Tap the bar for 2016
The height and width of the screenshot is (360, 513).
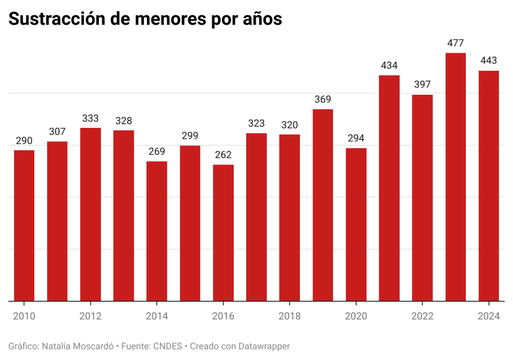(x=223, y=233)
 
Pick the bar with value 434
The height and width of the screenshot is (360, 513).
(x=389, y=188)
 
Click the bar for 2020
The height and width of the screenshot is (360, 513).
(x=356, y=224)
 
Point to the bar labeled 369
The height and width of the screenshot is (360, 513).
(x=323, y=205)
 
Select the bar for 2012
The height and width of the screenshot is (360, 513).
(x=91, y=214)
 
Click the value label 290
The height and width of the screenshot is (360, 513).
(x=25, y=141)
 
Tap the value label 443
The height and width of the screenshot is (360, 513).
(x=488, y=61)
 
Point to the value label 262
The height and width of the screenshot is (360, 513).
(x=223, y=155)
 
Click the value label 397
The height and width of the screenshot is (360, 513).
(x=422, y=84)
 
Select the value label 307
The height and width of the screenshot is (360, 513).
(x=58, y=132)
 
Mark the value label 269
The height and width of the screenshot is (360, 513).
(x=157, y=151)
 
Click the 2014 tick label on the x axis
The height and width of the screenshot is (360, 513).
(x=157, y=316)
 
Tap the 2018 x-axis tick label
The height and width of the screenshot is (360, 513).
(x=289, y=316)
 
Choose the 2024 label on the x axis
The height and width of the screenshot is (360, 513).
(x=488, y=316)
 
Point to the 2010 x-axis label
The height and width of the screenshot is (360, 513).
(x=25, y=316)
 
